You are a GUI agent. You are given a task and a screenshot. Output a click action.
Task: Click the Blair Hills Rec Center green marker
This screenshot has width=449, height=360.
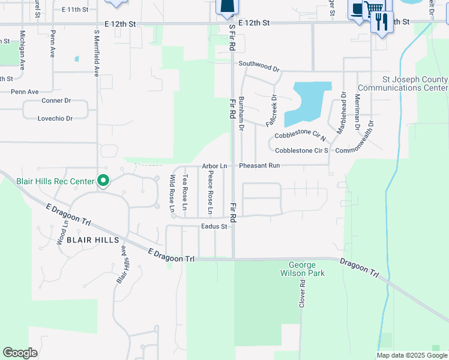click(x=103, y=181)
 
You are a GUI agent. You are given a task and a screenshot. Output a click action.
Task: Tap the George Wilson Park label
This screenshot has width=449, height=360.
click(x=306, y=269)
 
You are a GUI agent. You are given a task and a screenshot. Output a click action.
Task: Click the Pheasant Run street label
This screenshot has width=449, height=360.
click(x=260, y=166)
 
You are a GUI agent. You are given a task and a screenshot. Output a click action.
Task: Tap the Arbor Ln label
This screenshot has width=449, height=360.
click(x=214, y=166)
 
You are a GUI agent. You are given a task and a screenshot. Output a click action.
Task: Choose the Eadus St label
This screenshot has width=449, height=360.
click(x=214, y=227)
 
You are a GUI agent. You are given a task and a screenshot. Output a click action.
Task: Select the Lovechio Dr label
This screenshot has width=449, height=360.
click(x=55, y=119)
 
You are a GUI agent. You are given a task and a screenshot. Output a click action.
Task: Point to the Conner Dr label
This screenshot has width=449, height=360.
click(x=56, y=101)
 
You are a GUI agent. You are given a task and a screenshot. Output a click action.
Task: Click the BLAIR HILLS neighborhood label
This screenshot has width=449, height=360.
click(x=89, y=239)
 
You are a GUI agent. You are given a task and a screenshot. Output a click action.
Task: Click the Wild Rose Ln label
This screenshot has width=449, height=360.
click(x=172, y=193)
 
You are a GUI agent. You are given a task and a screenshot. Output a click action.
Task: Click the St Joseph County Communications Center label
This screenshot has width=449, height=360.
click(x=415, y=83)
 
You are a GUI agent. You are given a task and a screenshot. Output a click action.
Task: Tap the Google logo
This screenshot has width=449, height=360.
click(x=20, y=353)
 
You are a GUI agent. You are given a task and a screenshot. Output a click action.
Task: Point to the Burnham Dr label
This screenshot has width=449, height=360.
click(x=241, y=113)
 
